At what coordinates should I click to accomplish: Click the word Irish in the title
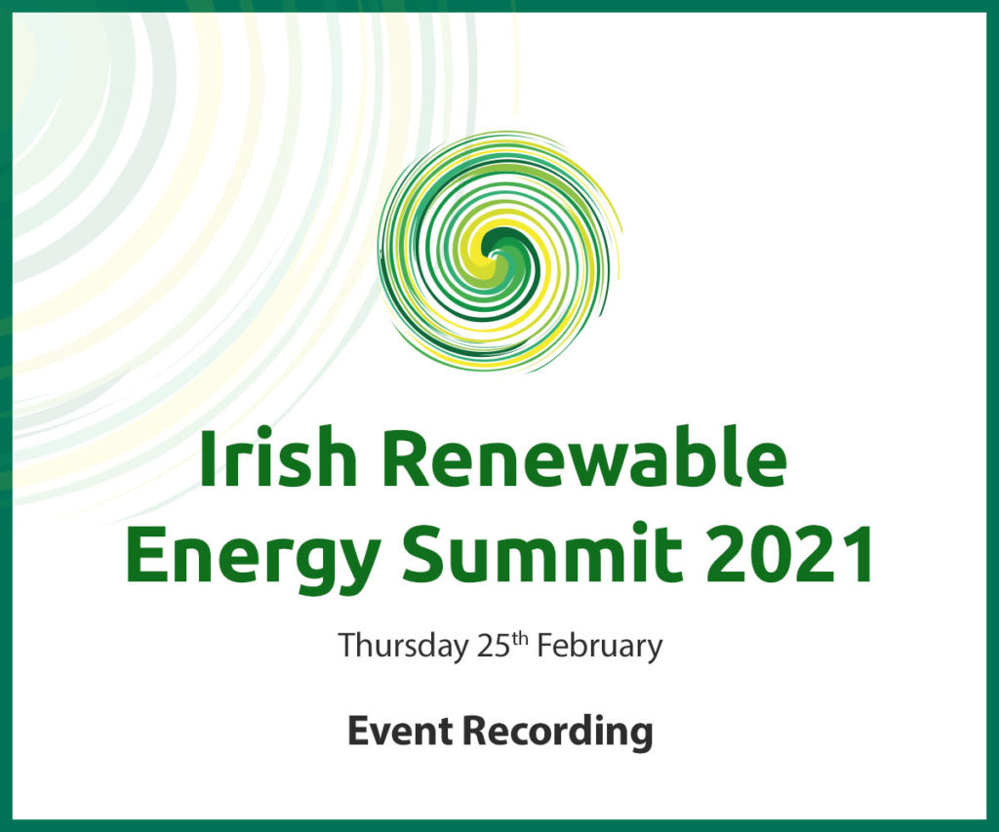pyautogui.click(x=278, y=456)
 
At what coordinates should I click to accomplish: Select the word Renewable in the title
pyautogui.click(x=584, y=456)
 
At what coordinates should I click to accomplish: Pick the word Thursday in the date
pyautogui.click(x=402, y=647)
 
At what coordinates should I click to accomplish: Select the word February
pyautogui.click(x=599, y=647)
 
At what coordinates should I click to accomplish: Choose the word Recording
pyautogui.click(x=558, y=733)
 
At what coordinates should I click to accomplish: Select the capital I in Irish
pyautogui.click(x=208, y=457)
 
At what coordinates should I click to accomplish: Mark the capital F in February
pyautogui.click(x=546, y=646)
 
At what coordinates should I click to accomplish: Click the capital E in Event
pyautogui.click(x=358, y=732)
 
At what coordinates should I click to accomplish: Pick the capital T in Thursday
pyautogui.click(x=348, y=646)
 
